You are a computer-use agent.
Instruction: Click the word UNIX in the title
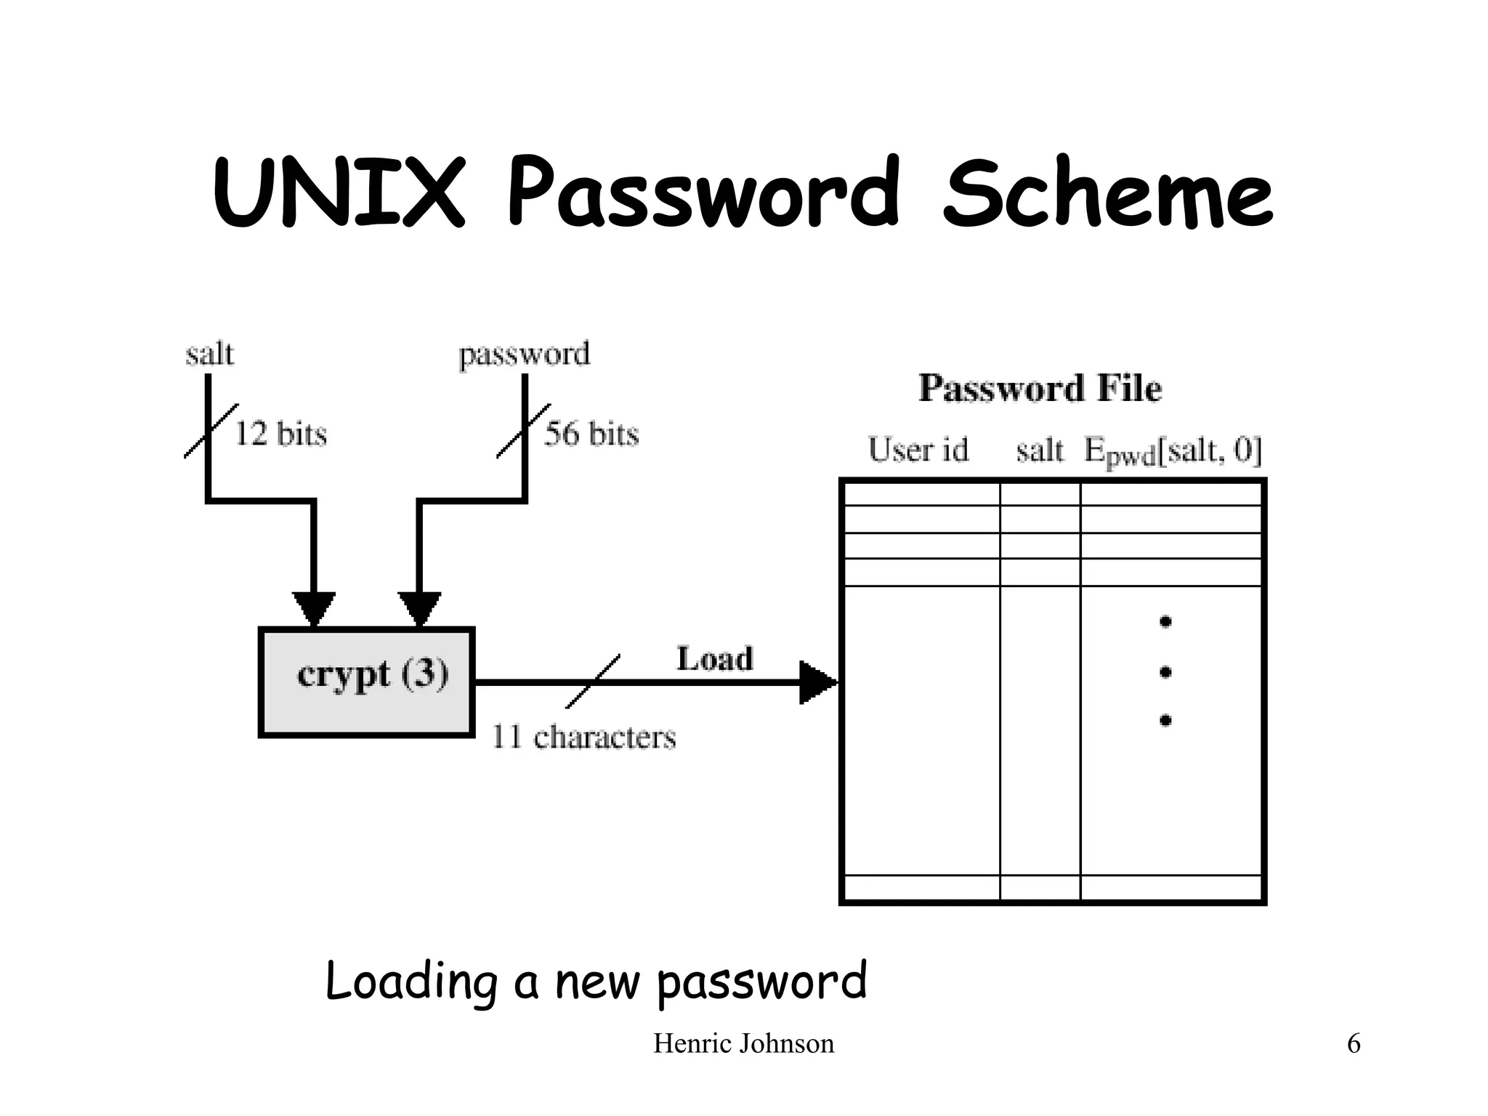pyautogui.click(x=339, y=193)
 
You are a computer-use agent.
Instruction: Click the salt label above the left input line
pyautogui.click(x=209, y=355)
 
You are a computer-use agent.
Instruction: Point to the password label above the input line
pyautogui.click(x=524, y=355)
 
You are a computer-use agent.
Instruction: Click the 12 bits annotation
pyautogui.click(x=280, y=434)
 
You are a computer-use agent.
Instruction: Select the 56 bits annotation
pyautogui.click(x=591, y=434)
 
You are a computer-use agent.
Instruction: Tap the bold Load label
pyautogui.click(x=715, y=659)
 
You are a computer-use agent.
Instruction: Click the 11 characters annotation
pyautogui.click(x=583, y=737)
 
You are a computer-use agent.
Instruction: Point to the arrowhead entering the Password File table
pyautogui.click(x=817, y=682)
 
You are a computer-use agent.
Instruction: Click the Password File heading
pyautogui.click(x=1040, y=388)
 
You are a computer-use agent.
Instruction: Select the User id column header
pyautogui.click(x=918, y=450)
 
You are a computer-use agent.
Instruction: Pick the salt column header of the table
pyautogui.click(x=1039, y=450)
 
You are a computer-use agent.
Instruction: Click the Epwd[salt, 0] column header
pyautogui.click(x=1173, y=451)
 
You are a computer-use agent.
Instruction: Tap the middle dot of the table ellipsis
pyautogui.click(x=1165, y=672)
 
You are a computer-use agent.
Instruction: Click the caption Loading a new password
pyautogui.click(x=596, y=981)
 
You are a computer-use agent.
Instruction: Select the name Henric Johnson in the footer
pyautogui.click(x=743, y=1043)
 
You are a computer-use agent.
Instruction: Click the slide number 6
pyautogui.click(x=1354, y=1043)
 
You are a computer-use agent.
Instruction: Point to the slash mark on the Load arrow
pyautogui.click(x=593, y=682)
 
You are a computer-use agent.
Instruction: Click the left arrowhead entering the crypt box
pyautogui.click(x=314, y=609)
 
